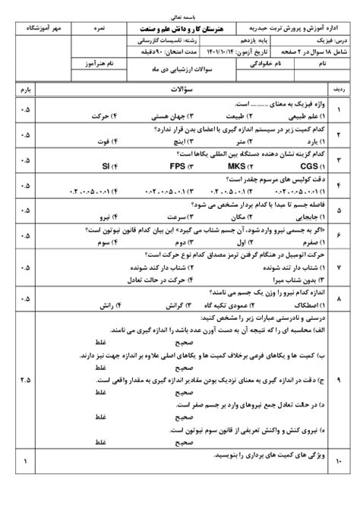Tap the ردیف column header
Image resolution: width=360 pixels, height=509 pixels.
(x=340, y=90)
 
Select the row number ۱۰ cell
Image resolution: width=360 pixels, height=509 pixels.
(x=340, y=461)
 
